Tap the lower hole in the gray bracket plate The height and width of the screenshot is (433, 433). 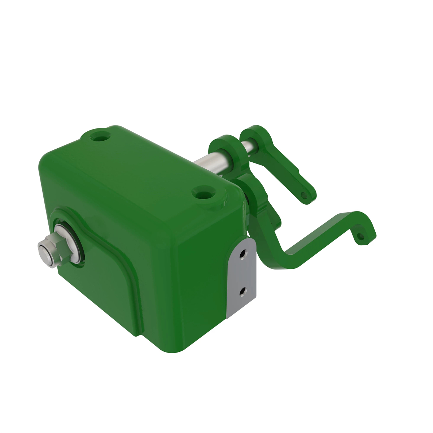point(243,291)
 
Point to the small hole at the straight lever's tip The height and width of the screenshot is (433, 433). point(304,196)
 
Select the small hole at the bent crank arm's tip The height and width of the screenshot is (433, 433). point(360,237)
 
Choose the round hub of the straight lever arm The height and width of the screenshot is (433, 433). point(254,136)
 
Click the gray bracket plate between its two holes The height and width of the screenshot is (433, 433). point(244,272)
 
